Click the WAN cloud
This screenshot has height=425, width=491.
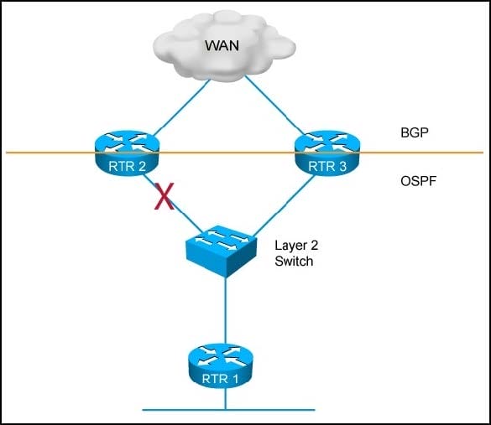coord(224,46)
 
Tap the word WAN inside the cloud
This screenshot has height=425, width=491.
coord(222,45)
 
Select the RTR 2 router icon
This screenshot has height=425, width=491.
coord(127,153)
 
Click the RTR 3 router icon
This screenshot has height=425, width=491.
coord(327,153)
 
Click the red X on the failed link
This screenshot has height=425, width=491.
coord(164,196)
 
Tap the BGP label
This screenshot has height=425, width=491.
coord(415,132)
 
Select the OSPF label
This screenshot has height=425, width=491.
coord(418,181)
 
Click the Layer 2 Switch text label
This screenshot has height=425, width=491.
coord(296,253)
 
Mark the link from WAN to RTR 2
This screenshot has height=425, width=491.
coord(181,107)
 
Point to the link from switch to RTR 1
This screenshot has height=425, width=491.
coord(225,310)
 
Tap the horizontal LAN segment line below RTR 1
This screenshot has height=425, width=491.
coord(228,409)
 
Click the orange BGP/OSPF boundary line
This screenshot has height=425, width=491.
coord(245,153)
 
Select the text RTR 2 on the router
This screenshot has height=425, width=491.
coord(127,166)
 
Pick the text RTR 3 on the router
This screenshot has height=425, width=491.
coord(327,166)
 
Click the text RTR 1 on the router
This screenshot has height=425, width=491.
coord(220,379)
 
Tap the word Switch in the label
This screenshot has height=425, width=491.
coord(294,261)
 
